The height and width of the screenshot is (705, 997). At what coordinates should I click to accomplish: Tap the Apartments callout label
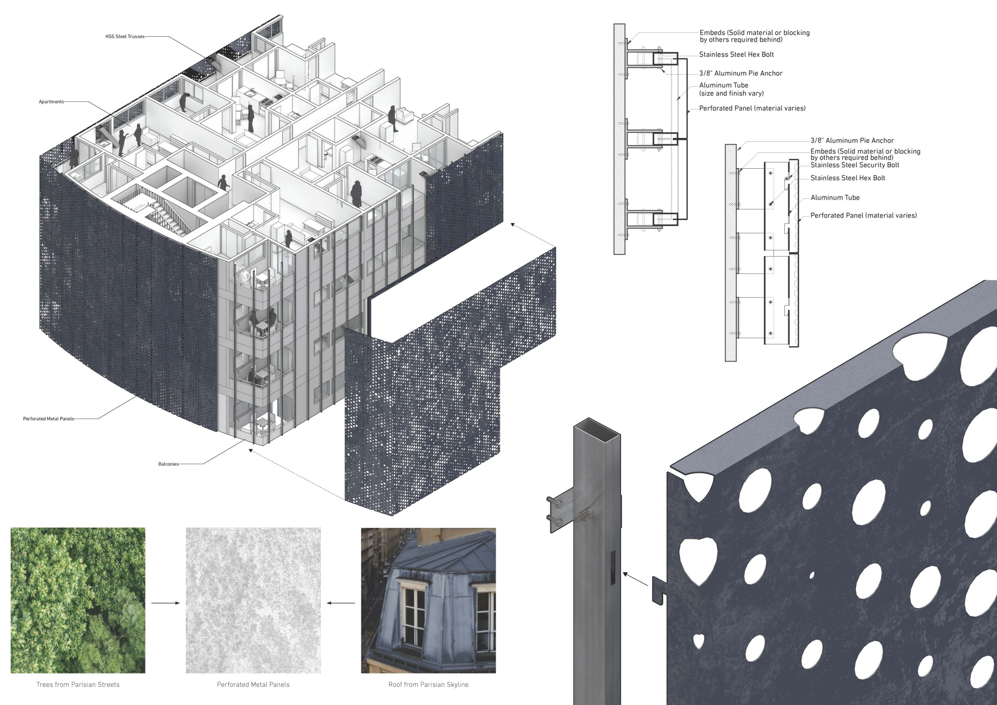pyautogui.click(x=51, y=102)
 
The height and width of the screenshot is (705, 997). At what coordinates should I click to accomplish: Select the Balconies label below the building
pyautogui.click(x=168, y=464)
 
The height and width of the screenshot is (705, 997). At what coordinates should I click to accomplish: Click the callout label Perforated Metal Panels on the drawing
pyautogui.click(x=49, y=419)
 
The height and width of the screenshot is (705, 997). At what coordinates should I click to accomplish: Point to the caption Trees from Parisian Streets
pyautogui.click(x=78, y=685)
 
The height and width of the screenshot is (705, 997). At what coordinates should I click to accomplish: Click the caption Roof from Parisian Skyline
pyautogui.click(x=428, y=685)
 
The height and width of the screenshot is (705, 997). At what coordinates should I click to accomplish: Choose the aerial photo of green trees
pyautogui.click(x=78, y=601)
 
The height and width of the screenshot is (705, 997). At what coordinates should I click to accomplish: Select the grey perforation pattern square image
pyautogui.click(x=253, y=601)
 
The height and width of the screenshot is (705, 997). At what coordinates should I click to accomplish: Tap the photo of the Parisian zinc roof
pyautogui.click(x=428, y=601)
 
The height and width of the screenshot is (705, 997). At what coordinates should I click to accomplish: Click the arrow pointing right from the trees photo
pyautogui.click(x=166, y=603)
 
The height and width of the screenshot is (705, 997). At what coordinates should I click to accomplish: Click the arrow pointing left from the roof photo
pyautogui.click(x=341, y=603)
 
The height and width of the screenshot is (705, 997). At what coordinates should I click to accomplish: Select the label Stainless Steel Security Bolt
pyautogui.click(x=855, y=165)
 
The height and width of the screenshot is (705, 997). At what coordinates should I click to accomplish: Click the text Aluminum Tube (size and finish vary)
pyautogui.click(x=731, y=89)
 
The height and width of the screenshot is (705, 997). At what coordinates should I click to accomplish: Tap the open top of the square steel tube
pyautogui.click(x=597, y=426)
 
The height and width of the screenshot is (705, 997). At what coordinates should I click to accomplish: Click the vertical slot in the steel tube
pyautogui.click(x=613, y=567)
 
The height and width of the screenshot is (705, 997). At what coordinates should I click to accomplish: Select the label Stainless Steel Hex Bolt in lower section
pyautogui.click(x=847, y=178)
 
